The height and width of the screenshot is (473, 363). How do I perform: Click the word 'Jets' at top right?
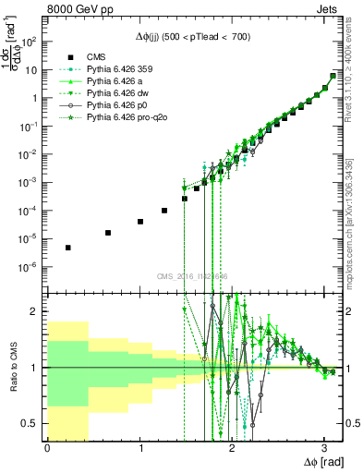(x=326, y=11)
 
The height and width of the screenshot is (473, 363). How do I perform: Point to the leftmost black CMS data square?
(x=68, y=248)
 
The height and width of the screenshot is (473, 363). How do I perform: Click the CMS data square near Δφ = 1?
(x=140, y=222)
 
